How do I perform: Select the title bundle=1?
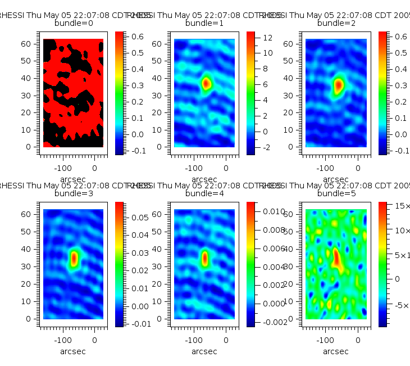pos(204,24)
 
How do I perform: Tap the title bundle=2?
pos(336,24)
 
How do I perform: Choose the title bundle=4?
pos(204,193)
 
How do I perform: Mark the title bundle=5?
pos(336,193)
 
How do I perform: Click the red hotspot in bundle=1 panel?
pos(206,83)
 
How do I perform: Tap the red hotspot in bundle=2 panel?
pos(338,85)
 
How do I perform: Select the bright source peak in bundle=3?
pos(74,258)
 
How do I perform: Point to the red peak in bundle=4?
pos(205,258)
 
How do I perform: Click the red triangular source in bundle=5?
pos(336,258)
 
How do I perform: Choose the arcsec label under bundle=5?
pos(336,351)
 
